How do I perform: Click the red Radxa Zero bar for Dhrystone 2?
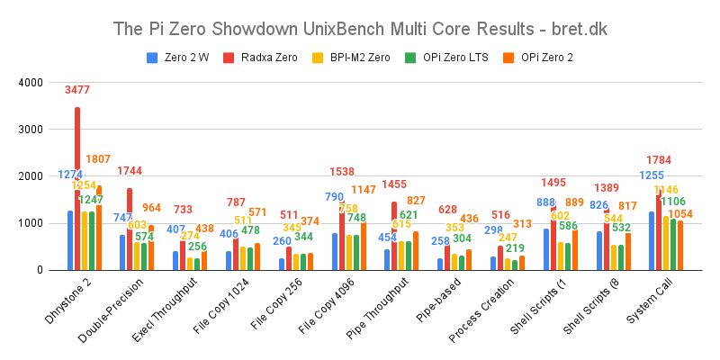point(77,189)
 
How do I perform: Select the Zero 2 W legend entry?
point(180,58)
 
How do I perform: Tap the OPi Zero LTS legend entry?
point(449,58)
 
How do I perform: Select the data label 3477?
point(77,90)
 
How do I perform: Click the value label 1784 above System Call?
point(661,160)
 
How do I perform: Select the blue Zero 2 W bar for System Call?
point(650,241)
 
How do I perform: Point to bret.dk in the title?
point(580,29)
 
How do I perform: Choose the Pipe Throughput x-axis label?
point(400,310)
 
